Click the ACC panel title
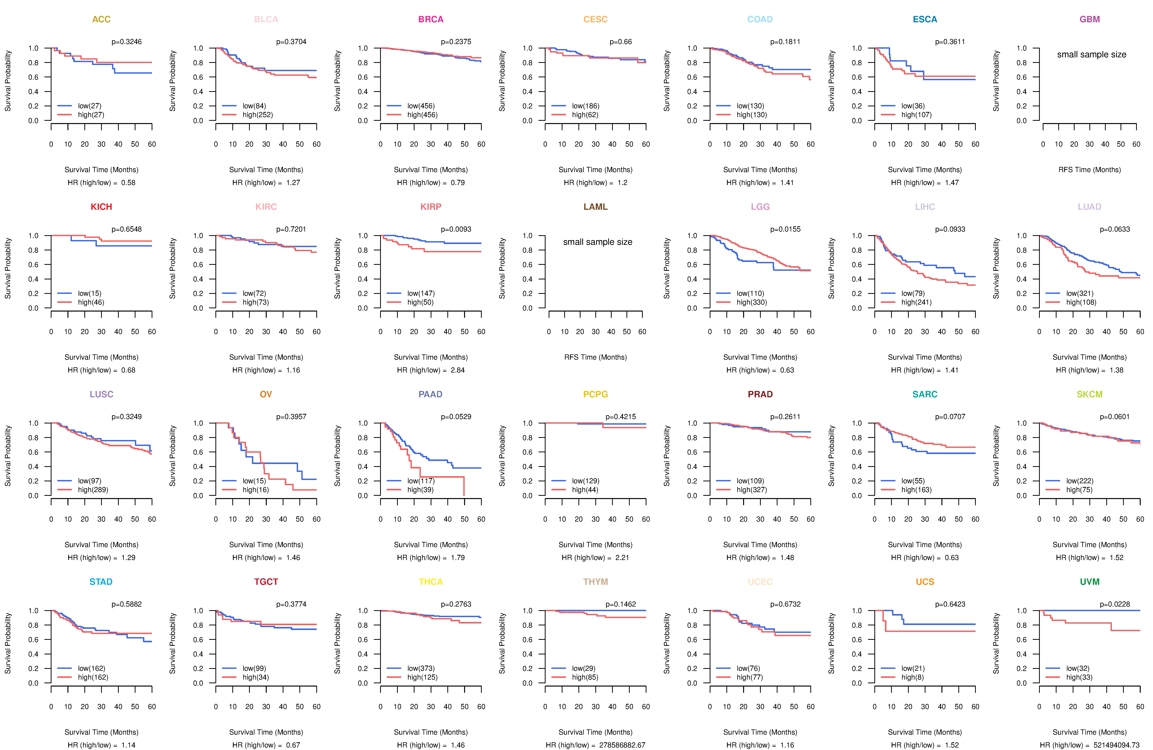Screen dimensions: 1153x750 click(101, 19)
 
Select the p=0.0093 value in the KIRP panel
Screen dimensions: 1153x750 click(456, 229)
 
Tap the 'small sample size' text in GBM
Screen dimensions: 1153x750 click(1092, 54)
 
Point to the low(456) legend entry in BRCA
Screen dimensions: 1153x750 click(421, 106)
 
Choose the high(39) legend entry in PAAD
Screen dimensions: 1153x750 click(420, 490)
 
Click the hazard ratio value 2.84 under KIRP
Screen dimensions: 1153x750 click(458, 370)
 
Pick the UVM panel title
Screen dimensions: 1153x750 click(1090, 582)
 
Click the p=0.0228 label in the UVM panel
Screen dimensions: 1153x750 click(1115, 604)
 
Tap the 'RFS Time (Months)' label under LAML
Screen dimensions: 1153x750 click(595, 357)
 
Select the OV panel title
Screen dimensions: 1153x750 click(266, 394)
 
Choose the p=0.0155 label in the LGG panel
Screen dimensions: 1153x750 click(785, 229)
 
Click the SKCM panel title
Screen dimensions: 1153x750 click(1090, 394)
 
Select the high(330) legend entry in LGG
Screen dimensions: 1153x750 click(752, 302)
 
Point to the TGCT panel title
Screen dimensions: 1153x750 click(266, 582)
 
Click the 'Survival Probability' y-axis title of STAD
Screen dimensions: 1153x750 click(8, 643)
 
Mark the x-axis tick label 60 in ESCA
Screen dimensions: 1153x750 click(975, 144)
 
